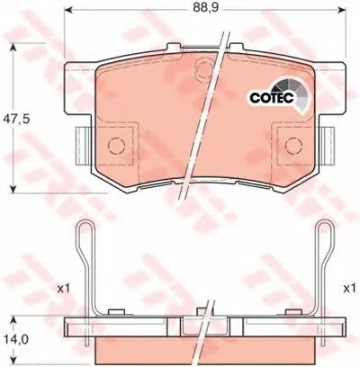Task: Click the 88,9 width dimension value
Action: pyautogui.click(x=205, y=8)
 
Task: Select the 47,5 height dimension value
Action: pyautogui.click(x=16, y=119)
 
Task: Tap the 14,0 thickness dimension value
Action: pyautogui.click(x=16, y=340)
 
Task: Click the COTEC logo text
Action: pyautogui.click(x=273, y=97)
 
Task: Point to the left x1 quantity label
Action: pyautogui.click(x=63, y=289)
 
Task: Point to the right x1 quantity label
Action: pyautogui.click(x=349, y=289)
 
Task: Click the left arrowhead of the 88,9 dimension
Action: pyautogui.click(x=68, y=10)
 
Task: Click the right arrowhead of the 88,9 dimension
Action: pyautogui.click(x=342, y=10)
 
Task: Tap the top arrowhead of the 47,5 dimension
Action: pyautogui.click(x=13, y=48)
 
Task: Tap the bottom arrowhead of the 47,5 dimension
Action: pyautogui.click(x=13, y=189)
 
